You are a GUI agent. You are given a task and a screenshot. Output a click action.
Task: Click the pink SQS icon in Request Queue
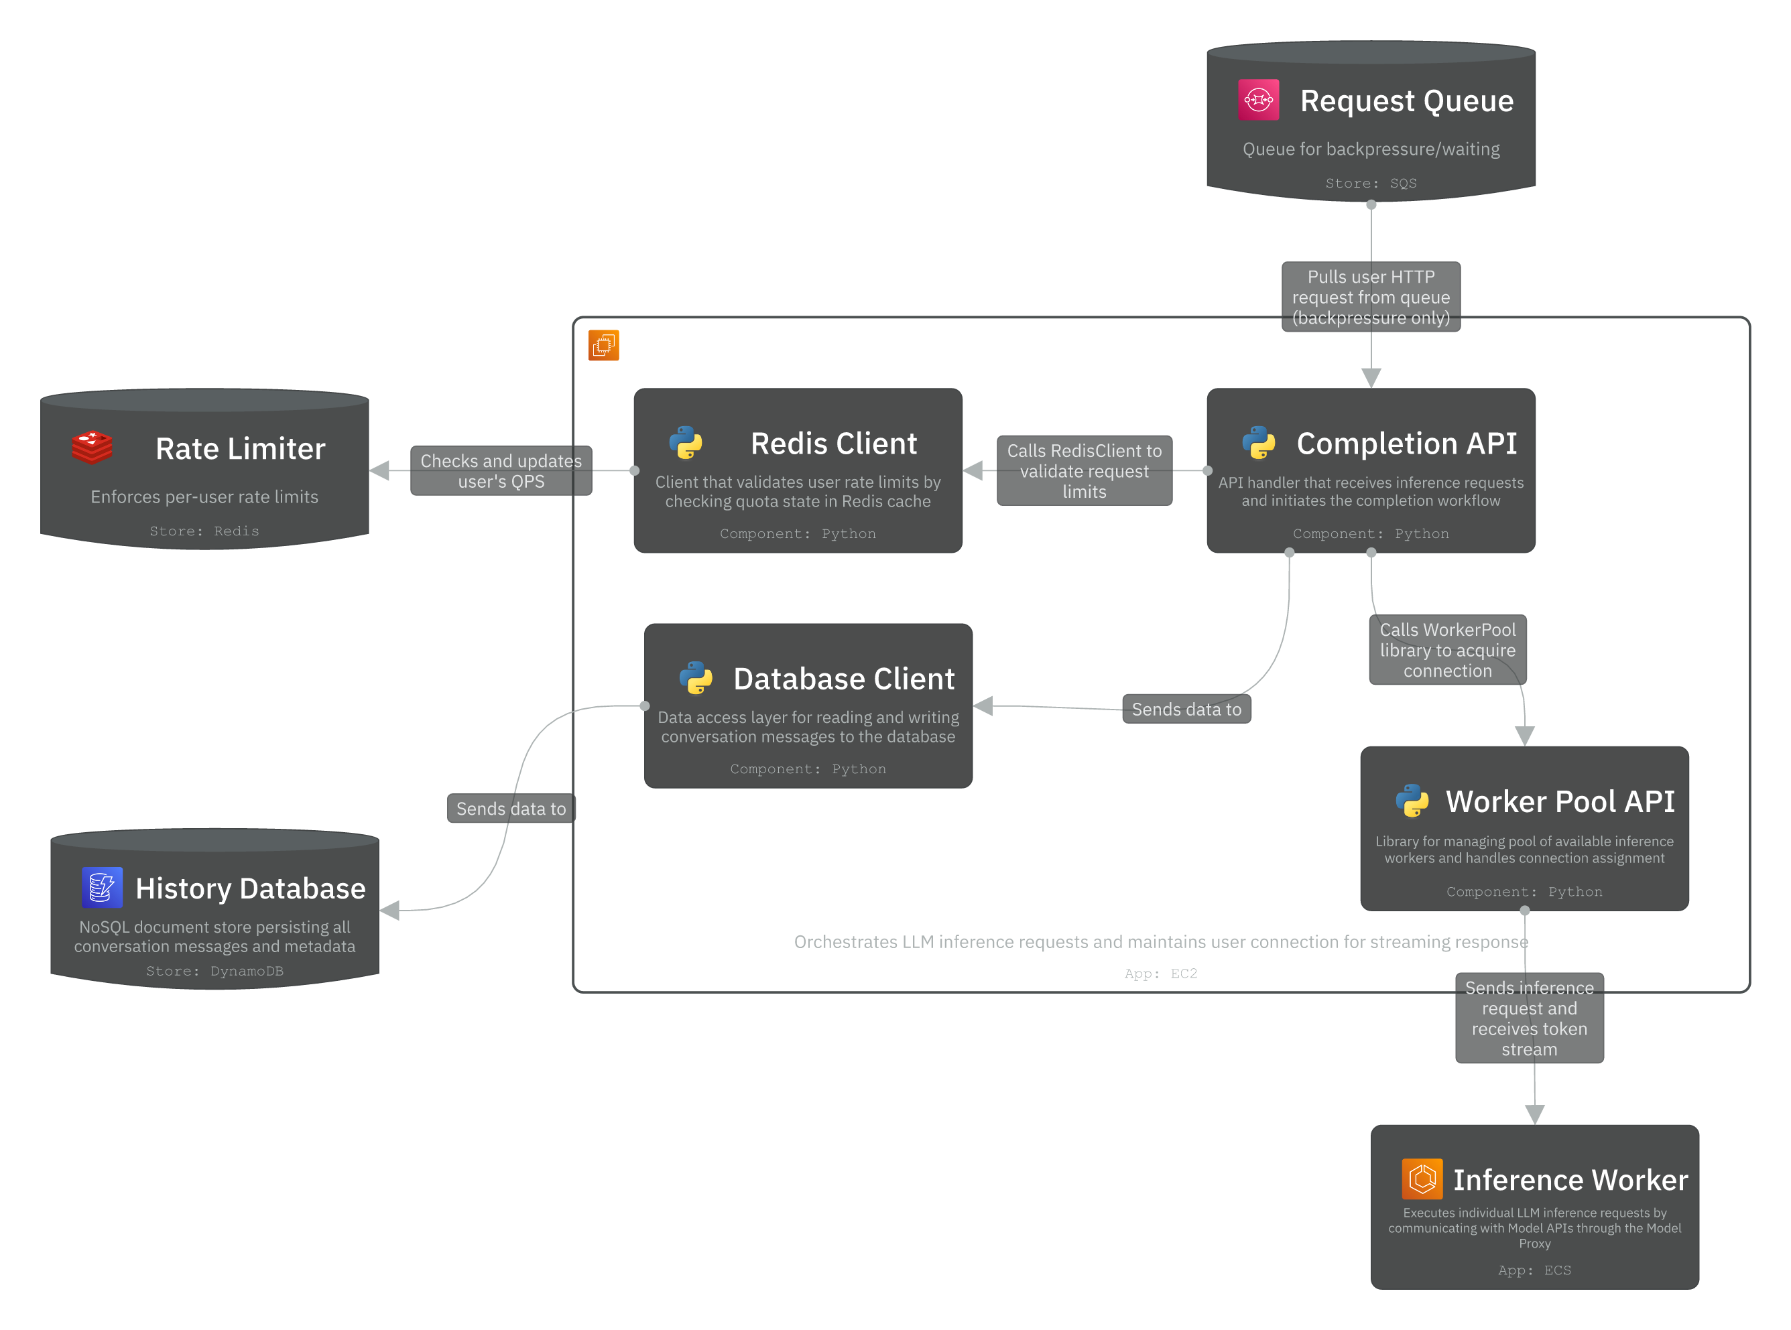tap(1258, 100)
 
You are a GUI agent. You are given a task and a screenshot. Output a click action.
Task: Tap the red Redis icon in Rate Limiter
tap(92, 448)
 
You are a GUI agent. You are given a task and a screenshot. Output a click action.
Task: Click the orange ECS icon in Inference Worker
tap(1422, 1179)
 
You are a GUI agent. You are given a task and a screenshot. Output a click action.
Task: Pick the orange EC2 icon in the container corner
tap(603, 345)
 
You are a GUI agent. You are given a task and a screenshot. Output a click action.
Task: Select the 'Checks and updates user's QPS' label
tap(501, 471)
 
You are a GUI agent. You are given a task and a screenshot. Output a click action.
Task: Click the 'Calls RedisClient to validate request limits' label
tap(1084, 471)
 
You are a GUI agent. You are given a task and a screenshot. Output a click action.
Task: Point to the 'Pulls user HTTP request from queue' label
tap(1371, 297)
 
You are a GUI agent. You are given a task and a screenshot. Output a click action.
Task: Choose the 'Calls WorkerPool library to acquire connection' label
tap(1447, 650)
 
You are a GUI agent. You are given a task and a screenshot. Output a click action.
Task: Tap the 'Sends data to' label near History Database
tap(511, 808)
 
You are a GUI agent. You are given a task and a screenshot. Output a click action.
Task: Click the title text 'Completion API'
tap(1406, 444)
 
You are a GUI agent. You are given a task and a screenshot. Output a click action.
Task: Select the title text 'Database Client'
tap(843, 679)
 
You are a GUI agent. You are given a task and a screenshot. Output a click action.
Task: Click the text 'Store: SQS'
tap(1371, 184)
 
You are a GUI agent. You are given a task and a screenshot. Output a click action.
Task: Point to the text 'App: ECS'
tap(1534, 1270)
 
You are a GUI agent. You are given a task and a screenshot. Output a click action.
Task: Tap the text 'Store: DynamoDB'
tap(214, 971)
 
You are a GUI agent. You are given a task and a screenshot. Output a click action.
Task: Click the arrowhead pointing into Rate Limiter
tap(379, 471)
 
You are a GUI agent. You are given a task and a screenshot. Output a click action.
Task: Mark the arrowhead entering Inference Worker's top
tap(1535, 1114)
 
